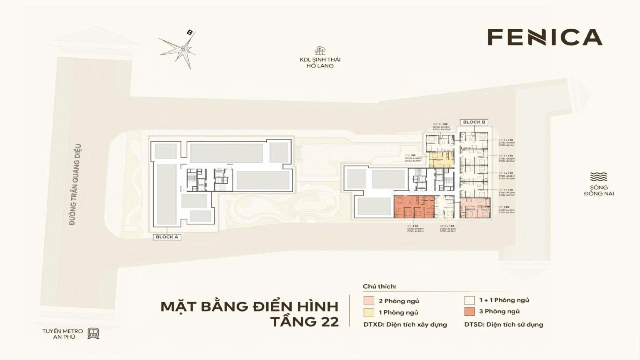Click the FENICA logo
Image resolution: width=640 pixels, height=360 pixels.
pos(545,37)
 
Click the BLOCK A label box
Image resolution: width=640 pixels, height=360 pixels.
pos(167,237)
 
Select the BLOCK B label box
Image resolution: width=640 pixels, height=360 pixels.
pos(474,122)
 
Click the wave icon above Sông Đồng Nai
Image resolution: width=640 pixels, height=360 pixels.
pos(599,177)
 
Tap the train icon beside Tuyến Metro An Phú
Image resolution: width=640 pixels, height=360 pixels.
pos(93,333)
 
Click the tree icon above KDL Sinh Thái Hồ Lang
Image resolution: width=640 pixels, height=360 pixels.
pos(320,51)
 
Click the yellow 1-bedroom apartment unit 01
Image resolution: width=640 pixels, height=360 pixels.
pos(441,160)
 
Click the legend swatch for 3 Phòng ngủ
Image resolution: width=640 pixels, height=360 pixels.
pos(470,311)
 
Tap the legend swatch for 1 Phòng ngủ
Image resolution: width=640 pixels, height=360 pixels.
pos(369,312)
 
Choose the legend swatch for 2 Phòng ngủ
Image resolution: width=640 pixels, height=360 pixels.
pos(369,301)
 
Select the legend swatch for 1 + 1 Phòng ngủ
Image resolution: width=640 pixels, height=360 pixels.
pos(470,300)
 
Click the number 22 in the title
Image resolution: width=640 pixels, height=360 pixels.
pos(327,322)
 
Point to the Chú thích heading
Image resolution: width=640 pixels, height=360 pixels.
pos(380,287)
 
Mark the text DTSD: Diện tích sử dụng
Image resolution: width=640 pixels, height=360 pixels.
pos(504,324)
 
